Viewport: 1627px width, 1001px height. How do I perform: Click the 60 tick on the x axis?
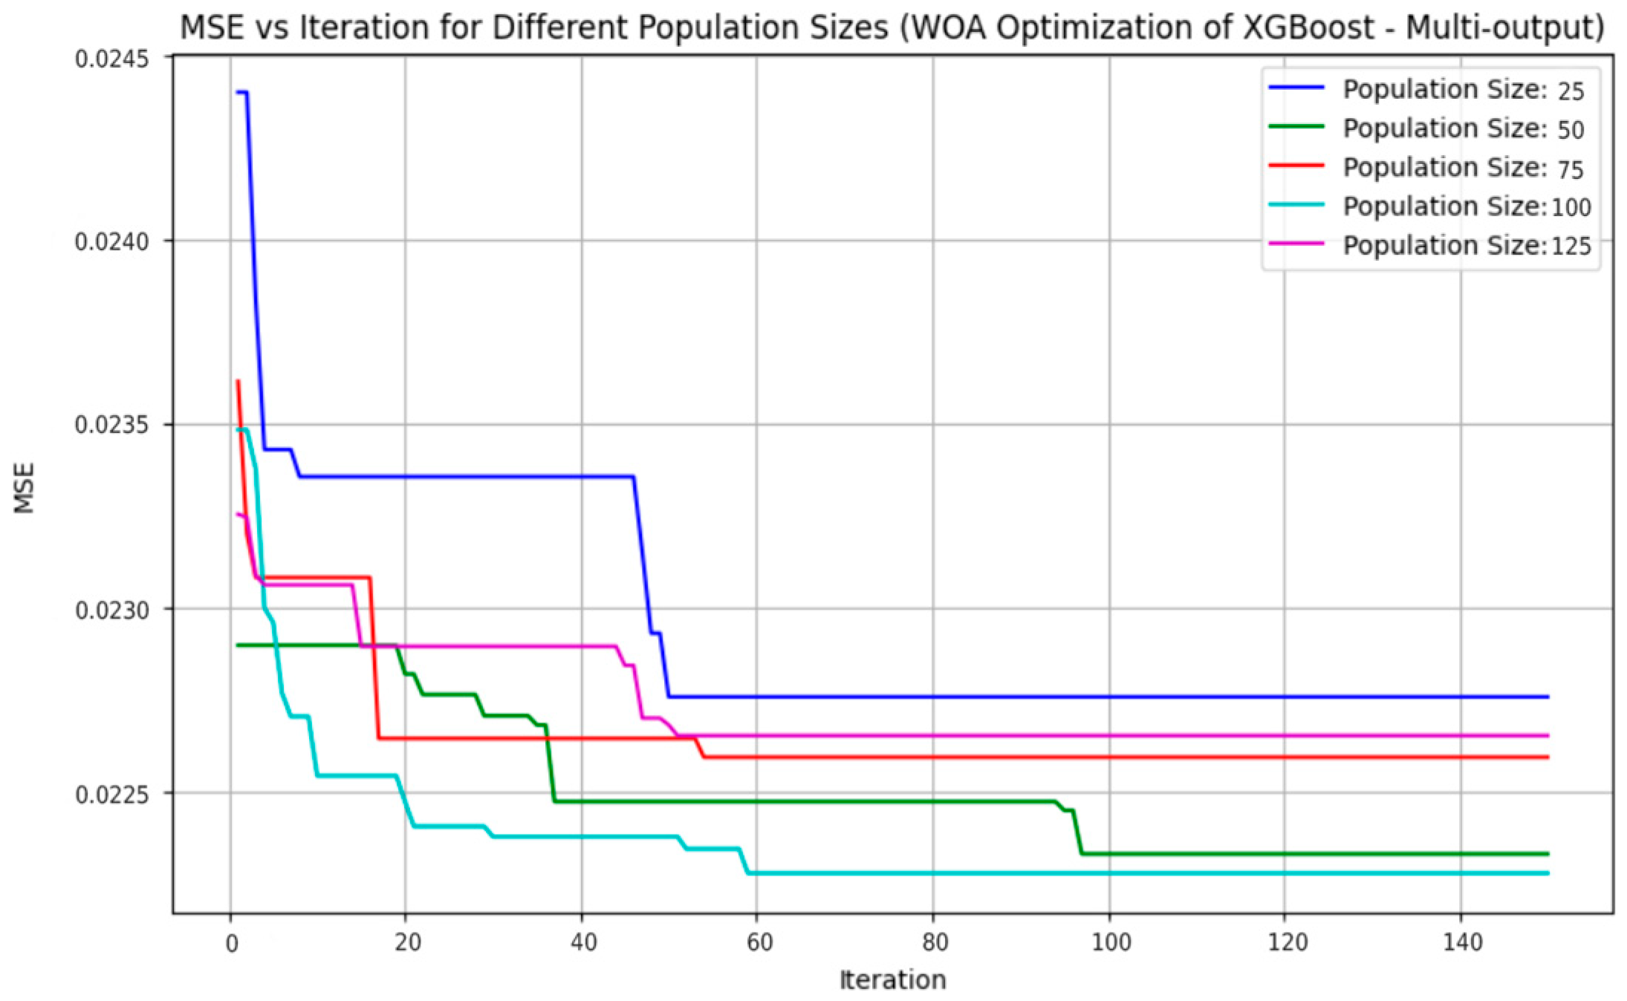pos(759,943)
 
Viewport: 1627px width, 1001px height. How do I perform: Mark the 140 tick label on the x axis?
pos(1461,943)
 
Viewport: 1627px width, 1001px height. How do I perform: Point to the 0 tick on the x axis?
pos(231,943)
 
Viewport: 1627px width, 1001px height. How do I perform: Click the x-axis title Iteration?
pos(892,980)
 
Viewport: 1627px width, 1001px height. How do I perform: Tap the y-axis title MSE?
pos(25,488)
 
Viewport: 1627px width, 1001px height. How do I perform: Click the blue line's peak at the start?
pos(241,92)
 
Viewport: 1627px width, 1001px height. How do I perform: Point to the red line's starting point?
pos(238,381)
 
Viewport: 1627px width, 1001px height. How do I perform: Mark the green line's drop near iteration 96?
pos(1076,832)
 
